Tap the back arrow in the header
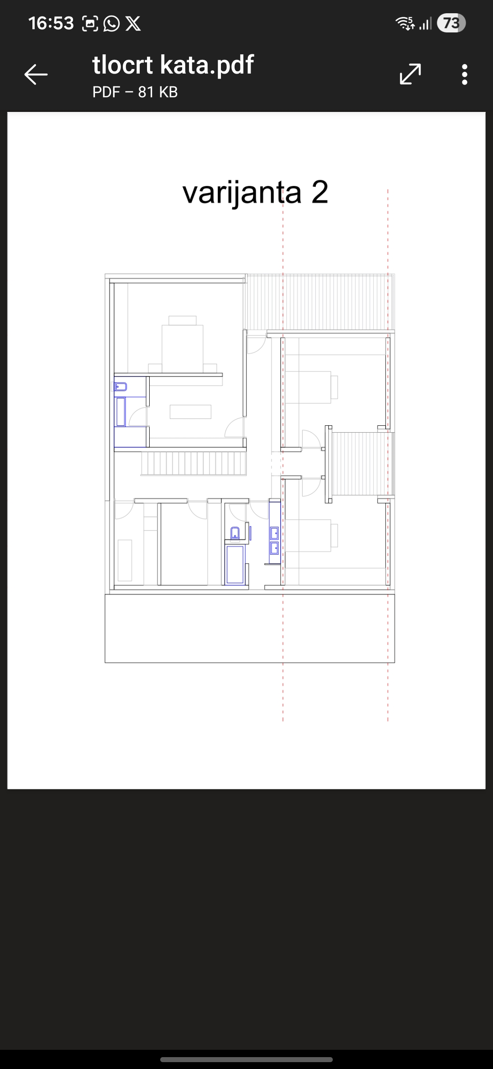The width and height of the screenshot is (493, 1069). coord(36,74)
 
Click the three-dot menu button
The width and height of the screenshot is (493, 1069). coord(465,74)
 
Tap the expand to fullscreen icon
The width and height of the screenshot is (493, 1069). coord(410,74)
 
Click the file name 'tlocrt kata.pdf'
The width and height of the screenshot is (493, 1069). coord(173,64)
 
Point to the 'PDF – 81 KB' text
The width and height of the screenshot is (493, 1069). coord(135,92)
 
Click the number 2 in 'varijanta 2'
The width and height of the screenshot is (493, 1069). coord(320,192)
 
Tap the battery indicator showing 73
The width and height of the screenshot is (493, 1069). coord(451,23)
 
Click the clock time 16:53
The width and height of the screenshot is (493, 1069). coord(51,23)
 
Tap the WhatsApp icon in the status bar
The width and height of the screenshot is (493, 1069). coord(111,23)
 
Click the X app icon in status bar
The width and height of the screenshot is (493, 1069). coord(133,23)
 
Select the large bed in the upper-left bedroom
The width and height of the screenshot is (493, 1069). coord(183,344)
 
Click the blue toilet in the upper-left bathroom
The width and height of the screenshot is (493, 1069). coord(120,387)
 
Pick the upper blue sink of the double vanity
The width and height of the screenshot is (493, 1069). coord(275,533)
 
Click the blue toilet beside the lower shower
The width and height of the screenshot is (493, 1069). coord(235,533)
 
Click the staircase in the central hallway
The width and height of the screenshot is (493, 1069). coord(194,463)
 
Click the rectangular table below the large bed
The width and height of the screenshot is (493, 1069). coord(190,412)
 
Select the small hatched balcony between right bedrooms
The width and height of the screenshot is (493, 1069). coord(363,464)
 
